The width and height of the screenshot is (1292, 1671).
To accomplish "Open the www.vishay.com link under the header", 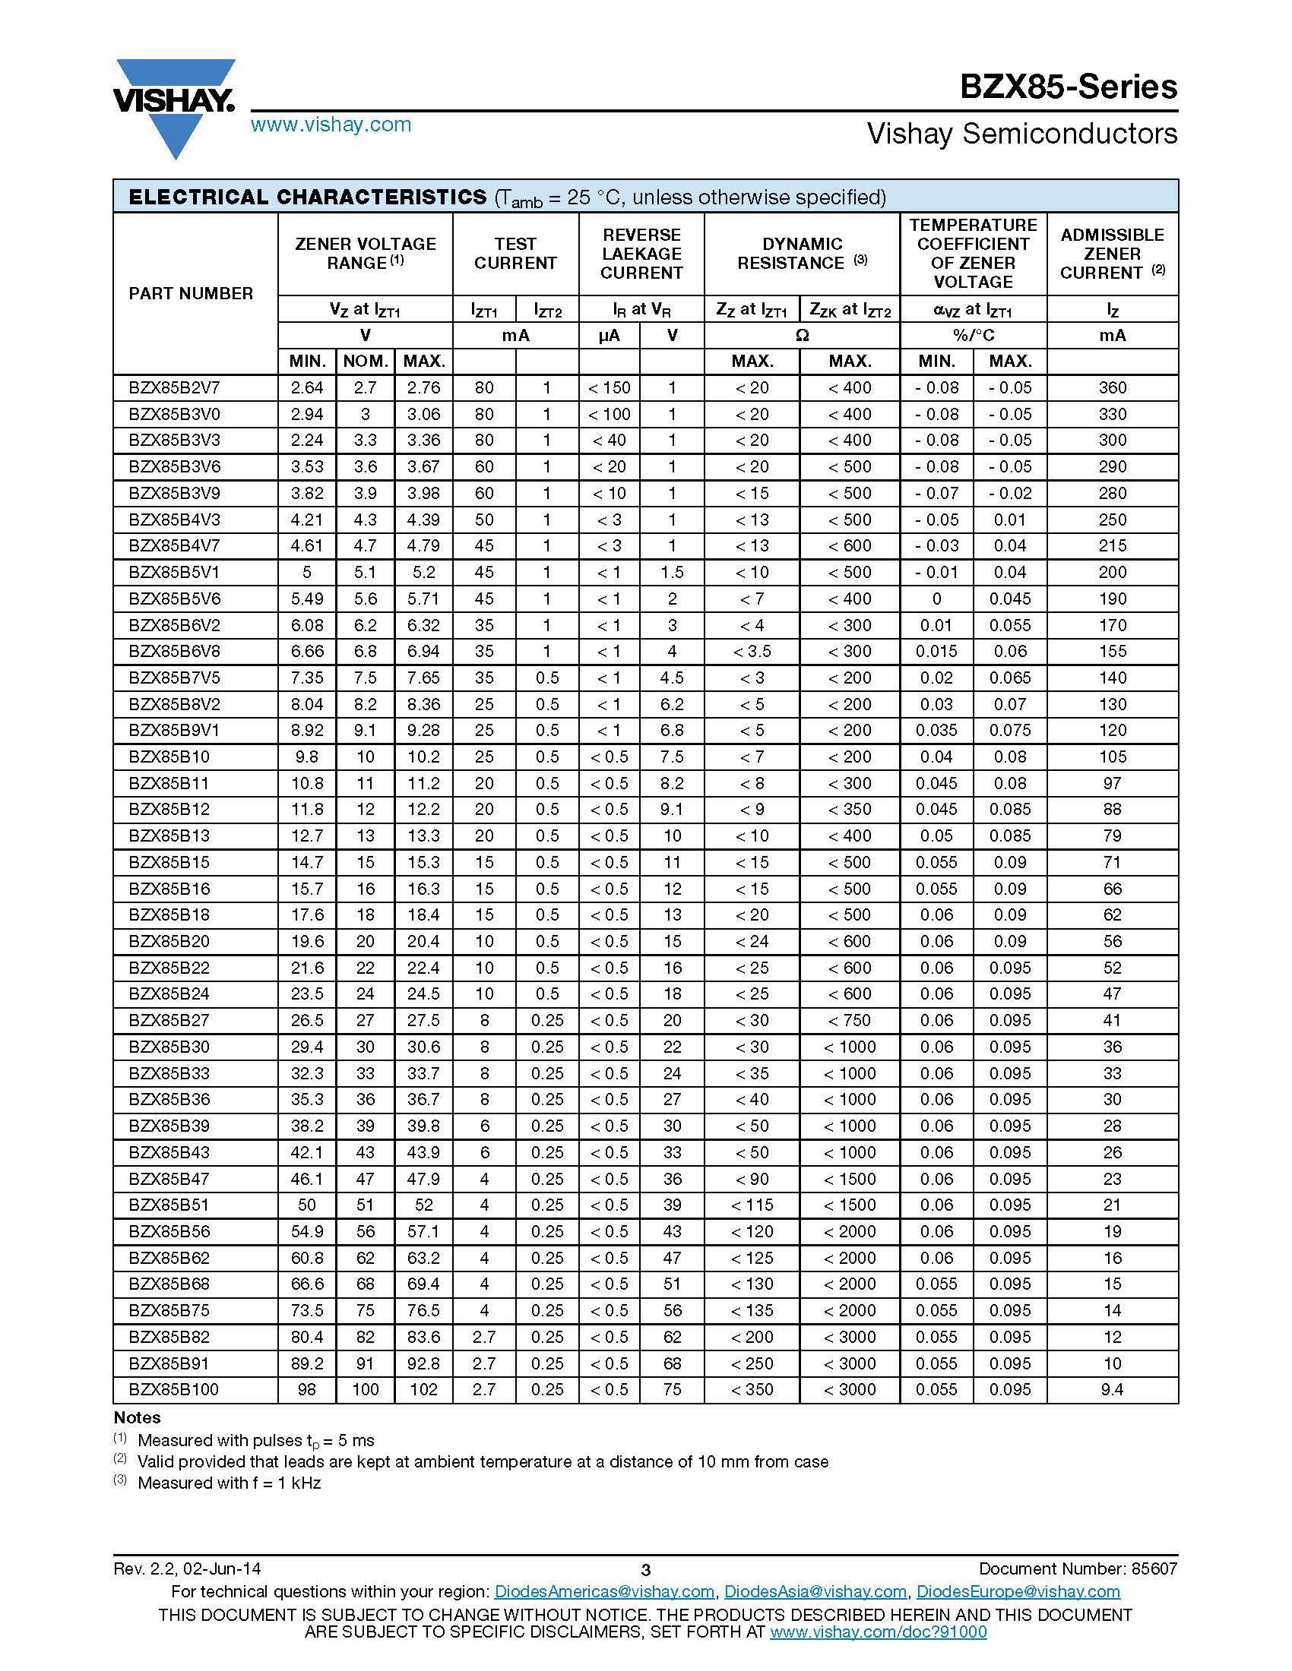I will click(331, 125).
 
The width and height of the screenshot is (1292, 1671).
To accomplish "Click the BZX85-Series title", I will click(1069, 87).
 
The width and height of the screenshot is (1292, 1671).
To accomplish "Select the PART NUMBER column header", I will click(191, 294).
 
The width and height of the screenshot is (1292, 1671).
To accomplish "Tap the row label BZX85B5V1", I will click(175, 572).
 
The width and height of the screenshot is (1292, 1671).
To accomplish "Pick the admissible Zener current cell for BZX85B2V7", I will click(1112, 388).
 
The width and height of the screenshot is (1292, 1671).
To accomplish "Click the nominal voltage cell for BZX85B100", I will click(365, 1389).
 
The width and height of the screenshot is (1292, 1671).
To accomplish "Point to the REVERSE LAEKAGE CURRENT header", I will click(641, 254).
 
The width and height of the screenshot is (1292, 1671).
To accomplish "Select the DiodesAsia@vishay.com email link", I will click(815, 1592).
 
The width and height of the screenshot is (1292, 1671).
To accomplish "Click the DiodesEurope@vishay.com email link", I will click(1018, 1592).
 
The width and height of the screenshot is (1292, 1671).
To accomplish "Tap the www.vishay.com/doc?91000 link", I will click(878, 1632).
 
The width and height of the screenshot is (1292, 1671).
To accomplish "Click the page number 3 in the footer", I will click(645, 1570).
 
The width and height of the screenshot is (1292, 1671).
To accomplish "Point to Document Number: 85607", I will click(1078, 1568).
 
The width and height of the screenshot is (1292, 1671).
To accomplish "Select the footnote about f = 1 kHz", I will click(229, 1483).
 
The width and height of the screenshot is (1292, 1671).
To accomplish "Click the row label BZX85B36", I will click(169, 1100).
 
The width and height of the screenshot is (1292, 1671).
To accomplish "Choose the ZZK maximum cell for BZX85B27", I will click(850, 1021).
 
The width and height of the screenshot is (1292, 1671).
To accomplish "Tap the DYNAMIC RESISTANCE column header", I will click(801, 254).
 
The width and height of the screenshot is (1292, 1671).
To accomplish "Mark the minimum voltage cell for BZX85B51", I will click(307, 1205).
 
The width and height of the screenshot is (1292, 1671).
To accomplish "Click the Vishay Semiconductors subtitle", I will click(1021, 134).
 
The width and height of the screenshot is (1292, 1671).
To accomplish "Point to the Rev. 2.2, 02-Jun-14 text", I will click(188, 1568).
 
